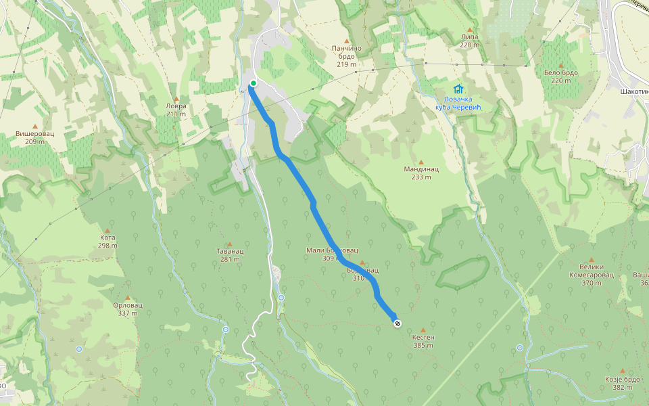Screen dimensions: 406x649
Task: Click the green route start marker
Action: [254, 83]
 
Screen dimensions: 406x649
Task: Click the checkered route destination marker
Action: [397, 323]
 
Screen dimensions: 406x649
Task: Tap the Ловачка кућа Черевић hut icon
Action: [459, 89]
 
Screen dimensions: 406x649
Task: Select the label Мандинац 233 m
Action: [421, 173]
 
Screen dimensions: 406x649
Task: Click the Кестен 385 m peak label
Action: [423, 340]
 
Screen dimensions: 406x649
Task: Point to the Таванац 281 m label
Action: [230, 255]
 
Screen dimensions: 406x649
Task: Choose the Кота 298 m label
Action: [107, 242]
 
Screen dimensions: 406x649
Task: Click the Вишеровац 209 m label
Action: [34, 137]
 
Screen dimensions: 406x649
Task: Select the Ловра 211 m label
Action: [176, 110]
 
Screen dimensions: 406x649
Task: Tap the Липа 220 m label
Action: [469, 41]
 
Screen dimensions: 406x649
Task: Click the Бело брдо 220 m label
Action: [561, 76]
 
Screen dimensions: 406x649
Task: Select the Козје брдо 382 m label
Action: [622, 383]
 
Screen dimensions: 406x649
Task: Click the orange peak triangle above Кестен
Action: [423, 330]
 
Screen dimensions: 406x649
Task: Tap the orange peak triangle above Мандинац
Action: [421, 161]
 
